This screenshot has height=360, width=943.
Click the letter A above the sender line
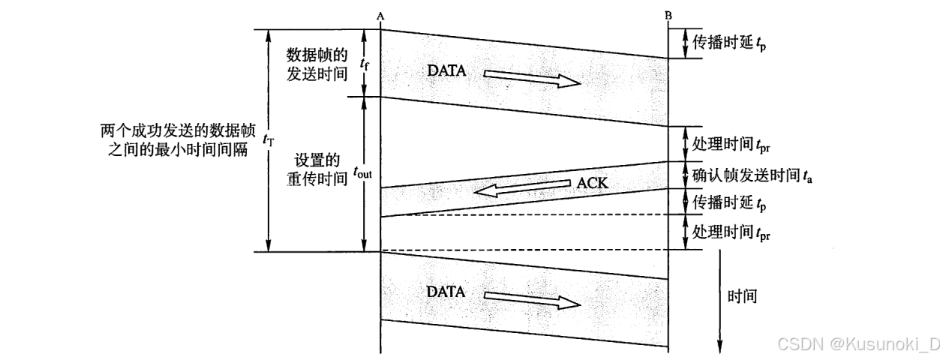point(381,14)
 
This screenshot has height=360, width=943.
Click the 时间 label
point(742,296)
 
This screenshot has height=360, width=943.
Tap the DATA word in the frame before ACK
point(447,71)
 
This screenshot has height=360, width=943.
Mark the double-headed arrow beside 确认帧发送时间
point(684,175)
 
